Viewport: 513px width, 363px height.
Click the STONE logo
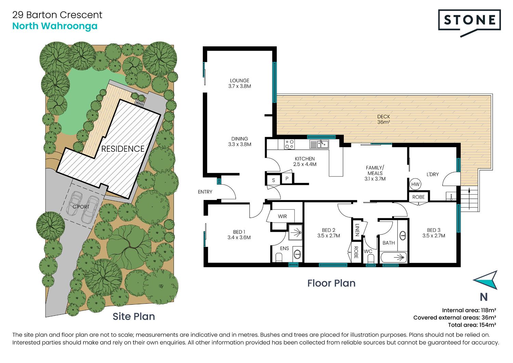pyautogui.click(x=469, y=23)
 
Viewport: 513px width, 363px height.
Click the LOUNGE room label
pyautogui.click(x=239, y=80)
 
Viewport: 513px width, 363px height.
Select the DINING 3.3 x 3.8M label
pyautogui.click(x=239, y=141)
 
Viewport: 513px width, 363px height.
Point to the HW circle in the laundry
pyautogui.click(x=415, y=184)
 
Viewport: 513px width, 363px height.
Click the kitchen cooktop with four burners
pyautogui.click(x=289, y=145)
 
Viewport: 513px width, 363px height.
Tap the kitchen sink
pyautogui.click(x=319, y=145)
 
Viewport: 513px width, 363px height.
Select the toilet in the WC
pyautogui.click(x=370, y=259)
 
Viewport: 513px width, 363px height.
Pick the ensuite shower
pyautogui.click(x=295, y=232)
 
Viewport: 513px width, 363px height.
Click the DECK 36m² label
pyautogui.click(x=384, y=119)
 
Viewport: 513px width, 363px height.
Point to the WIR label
pyautogui.click(x=282, y=216)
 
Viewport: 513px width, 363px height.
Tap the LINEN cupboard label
pyautogui.click(x=357, y=230)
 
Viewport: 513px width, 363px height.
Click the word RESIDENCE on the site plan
pyautogui.click(x=123, y=149)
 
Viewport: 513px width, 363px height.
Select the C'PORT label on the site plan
pyautogui.click(x=81, y=207)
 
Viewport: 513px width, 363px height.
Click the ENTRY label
pyautogui.click(x=205, y=192)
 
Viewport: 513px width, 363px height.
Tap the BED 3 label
pyautogui.click(x=434, y=230)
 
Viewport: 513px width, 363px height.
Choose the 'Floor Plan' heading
pyautogui.click(x=331, y=283)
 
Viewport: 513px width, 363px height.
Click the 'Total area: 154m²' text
pyautogui.click(x=472, y=325)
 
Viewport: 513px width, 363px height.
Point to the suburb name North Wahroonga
pyautogui.click(x=55, y=26)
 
